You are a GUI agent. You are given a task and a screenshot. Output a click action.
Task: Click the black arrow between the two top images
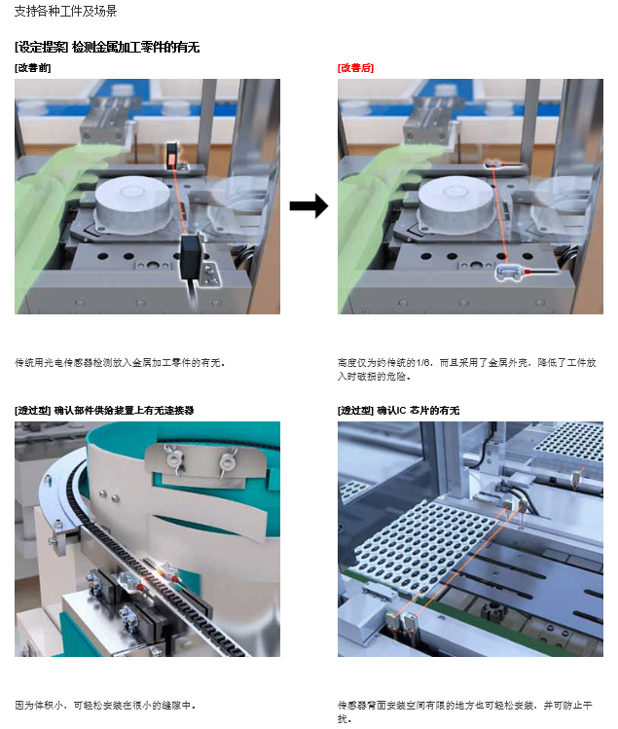click(309, 205)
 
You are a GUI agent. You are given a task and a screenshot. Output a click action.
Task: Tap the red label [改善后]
click(356, 68)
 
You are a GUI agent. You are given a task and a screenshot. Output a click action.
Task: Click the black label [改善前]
click(32, 68)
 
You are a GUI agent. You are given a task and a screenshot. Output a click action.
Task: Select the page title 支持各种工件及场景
click(65, 11)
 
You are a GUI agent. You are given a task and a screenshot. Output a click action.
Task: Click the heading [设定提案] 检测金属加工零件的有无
click(107, 47)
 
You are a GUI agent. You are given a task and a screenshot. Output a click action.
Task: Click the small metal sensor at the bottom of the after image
click(509, 272)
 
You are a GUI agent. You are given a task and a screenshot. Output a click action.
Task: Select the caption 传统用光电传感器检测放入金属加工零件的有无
click(120, 363)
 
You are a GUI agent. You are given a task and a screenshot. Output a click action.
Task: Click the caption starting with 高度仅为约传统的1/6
click(467, 369)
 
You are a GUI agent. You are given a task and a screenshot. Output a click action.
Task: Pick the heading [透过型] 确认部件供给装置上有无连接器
click(104, 410)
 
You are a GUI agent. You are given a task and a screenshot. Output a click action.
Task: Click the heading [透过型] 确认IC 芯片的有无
click(398, 410)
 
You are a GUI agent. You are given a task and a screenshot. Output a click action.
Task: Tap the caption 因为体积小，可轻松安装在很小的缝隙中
click(105, 706)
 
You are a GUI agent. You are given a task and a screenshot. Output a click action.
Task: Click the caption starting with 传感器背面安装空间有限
click(465, 711)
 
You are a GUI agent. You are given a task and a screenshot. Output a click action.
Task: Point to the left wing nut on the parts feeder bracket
click(173, 459)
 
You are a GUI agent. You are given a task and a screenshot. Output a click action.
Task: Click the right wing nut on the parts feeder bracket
click(228, 462)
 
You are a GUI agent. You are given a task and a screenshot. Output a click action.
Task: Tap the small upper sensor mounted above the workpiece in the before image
click(171, 156)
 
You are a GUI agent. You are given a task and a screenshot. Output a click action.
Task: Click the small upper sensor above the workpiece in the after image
click(494, 164)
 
